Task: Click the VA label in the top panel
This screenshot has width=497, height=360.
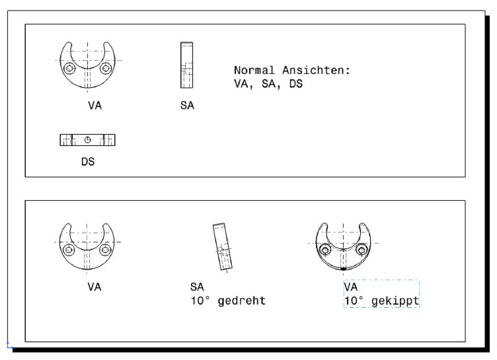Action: (95, 105)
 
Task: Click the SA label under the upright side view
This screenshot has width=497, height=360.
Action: (187, 105)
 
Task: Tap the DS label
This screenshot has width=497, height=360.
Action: (88, 162)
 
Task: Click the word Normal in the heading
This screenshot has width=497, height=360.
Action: (254, 70)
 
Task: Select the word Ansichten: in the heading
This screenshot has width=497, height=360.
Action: (316, 70)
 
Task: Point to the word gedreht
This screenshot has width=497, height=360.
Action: (241, 301)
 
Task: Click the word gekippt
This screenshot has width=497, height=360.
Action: (395, 301)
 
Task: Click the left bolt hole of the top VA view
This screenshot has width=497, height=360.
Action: (69, 68)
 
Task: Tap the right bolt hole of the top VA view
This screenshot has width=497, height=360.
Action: (106, 68)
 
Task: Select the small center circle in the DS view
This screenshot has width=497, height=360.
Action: (87, 140)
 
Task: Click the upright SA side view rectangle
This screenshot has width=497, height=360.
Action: (186, 65)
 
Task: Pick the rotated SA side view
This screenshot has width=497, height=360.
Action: (223, 247)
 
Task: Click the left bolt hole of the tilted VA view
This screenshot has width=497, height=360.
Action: (325, 250)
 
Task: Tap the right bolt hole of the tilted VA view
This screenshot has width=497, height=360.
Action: (362, 250)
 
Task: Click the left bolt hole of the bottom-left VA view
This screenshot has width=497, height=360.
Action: (69, 250)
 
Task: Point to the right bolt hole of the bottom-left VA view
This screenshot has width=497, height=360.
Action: (105, 250)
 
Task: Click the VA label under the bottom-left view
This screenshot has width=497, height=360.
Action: (94, 287)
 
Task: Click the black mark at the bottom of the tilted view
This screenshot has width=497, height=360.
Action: (343, 269)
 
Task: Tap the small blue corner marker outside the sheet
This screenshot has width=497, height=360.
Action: (9, 345)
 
